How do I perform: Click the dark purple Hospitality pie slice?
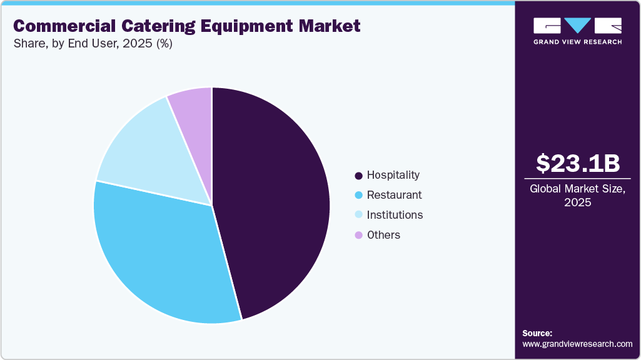[275, 200]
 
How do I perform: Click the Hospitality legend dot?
[358, 176]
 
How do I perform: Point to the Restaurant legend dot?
[358, 196]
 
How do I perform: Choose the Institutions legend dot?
[358, 216]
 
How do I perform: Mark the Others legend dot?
[358, 236]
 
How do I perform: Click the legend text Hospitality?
[393, 175]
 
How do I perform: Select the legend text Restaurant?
[394, 195]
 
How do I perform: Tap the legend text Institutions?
[395, 215]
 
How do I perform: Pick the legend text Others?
[383, 235]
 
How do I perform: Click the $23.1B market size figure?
[578, 163]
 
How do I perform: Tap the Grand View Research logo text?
[577, 42]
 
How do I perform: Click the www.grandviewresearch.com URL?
[577, 344]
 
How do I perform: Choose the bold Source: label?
[537, 333]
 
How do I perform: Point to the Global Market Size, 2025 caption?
[577, 196]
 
